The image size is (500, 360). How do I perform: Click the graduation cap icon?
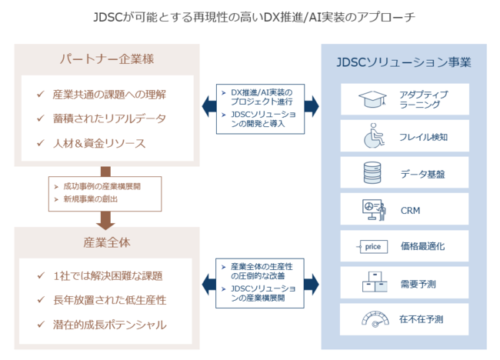pyautogui.click(x=372, y=99)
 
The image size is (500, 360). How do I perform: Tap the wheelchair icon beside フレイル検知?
pyautogui.click(x=374, y=135)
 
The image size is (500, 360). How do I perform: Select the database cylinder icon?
pyautogui.click(x=372, y=172)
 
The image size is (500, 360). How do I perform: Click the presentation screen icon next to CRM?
pyautogui.click(x=374, y=210)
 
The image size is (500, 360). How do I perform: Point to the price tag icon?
pyautogui.click(x=372, y=246)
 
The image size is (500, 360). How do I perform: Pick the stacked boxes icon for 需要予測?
pyautogui.click(x=375, y=282)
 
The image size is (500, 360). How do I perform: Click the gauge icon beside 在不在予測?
pyautogui.click(x=375, y=319)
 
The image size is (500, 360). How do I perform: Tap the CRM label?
pyautogui.click(x=411, y=211)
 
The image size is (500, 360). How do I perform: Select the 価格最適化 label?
pyautogui.click(x=422, y=246)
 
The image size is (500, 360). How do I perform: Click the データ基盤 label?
pyautogui.click(x=422, y=174)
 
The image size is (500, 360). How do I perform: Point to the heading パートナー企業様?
pyautogui.click(x=107, y=59)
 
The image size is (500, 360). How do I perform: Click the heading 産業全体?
pyautogui.click(x=107, y=242)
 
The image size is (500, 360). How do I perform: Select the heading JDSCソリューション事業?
pyautogui.click(x=404, y=62)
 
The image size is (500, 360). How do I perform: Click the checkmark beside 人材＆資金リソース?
pyautogui.click(x=41, y=143)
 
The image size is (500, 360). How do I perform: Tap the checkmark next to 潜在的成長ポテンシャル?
pyautogui.click(x=41, y=325)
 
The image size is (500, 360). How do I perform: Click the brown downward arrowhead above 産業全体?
pyautogui.click(x=105, y=224)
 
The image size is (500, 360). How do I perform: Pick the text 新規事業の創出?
pyautogui.click(x=91, y=199)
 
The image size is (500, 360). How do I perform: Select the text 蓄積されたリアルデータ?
pyautogui.click(x=109, y=118)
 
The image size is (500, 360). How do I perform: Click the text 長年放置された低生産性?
pyautogui.click(x=110, y=300)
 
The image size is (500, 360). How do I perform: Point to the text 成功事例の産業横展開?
pyautogui.click(x=102, y=186)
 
